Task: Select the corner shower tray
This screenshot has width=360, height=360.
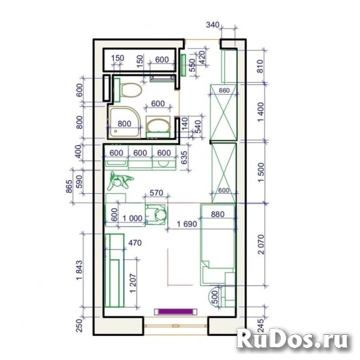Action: (x=125, y=122)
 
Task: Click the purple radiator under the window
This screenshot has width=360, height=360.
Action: (x=176, y=311)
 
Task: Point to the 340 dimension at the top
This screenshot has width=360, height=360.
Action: (x=212, y=25)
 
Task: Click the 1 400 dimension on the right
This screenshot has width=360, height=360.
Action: (x=261, y=112)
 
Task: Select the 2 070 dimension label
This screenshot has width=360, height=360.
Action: (x=261, y=244)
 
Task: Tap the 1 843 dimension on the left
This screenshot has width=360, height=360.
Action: (x=79, y=270)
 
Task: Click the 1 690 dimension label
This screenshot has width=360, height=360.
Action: (x=187, y=224)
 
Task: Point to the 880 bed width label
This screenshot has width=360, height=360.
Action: (x=217, y=214)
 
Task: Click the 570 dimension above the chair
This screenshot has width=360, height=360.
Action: (x=156, y=193)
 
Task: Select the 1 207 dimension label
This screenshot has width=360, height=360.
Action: (x=133, y=283)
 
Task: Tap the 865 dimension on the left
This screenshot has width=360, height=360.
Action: (x=69, y=187)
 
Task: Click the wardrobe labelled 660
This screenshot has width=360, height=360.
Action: (x=223, y=113)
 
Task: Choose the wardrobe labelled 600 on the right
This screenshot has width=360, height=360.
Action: (x=224, y=173)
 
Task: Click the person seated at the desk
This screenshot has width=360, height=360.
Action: (x=157, y=215)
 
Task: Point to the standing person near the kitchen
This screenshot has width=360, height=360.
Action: (x=119, y=181)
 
